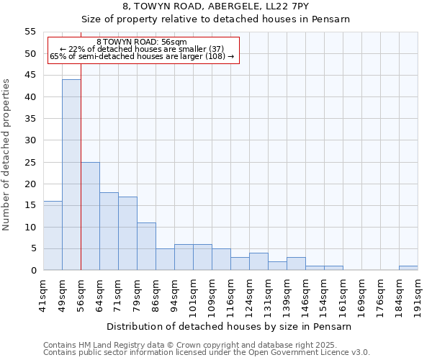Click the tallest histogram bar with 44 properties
pyautogui.click(x=71, y=175)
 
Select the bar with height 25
pyautogui.click(x=90, y=216)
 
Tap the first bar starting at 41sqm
pyautogui.click(x=53, y=235)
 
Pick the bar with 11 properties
pyautogui.click(x=146, y=246)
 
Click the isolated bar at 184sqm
pyautogui.click(x=408, y=268)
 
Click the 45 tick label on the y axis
pyautogui.click(x=30, y=76)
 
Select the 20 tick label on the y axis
pyautogui.click(x=30, y=184)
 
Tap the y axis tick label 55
pyautogui.click(x=30, y=32)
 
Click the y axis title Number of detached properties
pyautogui.click(x=7, y=154)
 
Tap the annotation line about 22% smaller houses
pyautogui.click(x=142, y=49)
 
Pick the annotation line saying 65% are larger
pyautogui.click(x=142, y=56)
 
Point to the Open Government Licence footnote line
pyautogui.click(x=207, y=352)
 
